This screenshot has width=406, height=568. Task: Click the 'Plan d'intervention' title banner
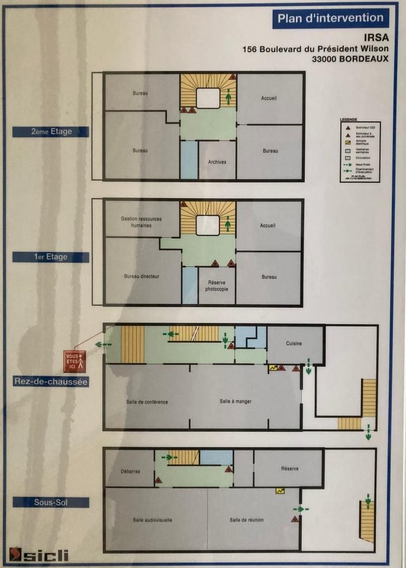(x=330, y=18)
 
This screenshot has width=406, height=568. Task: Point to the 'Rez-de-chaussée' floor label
(x=51, y=382)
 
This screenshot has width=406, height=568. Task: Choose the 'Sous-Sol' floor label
(x=51, y=502)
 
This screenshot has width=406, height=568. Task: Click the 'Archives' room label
(x=217, y=162)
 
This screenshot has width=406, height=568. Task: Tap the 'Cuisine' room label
(x=294, y=344)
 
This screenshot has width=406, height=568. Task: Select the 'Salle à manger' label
(x=236, y=401)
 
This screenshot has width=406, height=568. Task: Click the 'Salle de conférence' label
(x=147, y=402)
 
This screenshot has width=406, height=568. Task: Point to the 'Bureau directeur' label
(x=141, y=276)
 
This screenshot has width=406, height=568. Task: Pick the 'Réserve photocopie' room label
(x=217, y=286)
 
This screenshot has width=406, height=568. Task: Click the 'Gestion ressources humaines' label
(x=141, y=222)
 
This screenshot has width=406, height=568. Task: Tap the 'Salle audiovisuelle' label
(x=153, y=519)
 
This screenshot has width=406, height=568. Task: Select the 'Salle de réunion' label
(x=246, y=519)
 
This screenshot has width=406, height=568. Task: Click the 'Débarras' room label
(x=130, y=472)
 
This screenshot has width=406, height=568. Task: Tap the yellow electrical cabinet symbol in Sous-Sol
(x=280, y=490)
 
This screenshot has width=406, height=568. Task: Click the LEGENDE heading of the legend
(x=349, y=120)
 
